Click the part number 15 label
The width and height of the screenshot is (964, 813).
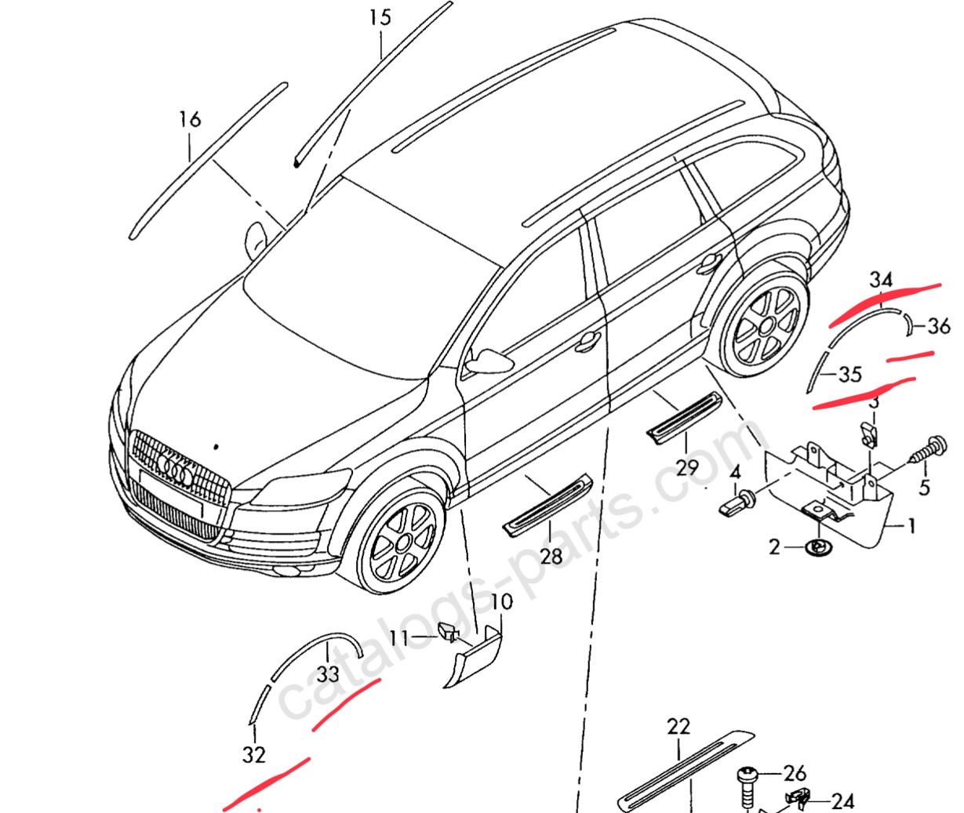[380, 17]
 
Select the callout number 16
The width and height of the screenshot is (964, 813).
[190, 119]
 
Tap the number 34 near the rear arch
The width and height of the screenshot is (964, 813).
[881, 280]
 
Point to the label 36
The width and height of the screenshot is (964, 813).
[938, 326]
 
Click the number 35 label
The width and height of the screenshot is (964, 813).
[849, 375]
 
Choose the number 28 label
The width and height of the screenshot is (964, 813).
[551, 556]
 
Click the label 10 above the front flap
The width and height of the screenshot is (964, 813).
[501, 602]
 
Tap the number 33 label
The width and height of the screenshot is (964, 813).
[328, 674]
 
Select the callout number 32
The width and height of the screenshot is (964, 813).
[253, 755]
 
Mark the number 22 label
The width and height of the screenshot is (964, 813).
[678, 727]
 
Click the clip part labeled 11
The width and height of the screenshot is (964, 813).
[448, 631]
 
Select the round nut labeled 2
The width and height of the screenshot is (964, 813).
[817, 546]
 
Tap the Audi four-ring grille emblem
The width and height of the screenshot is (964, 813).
[176, 468]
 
